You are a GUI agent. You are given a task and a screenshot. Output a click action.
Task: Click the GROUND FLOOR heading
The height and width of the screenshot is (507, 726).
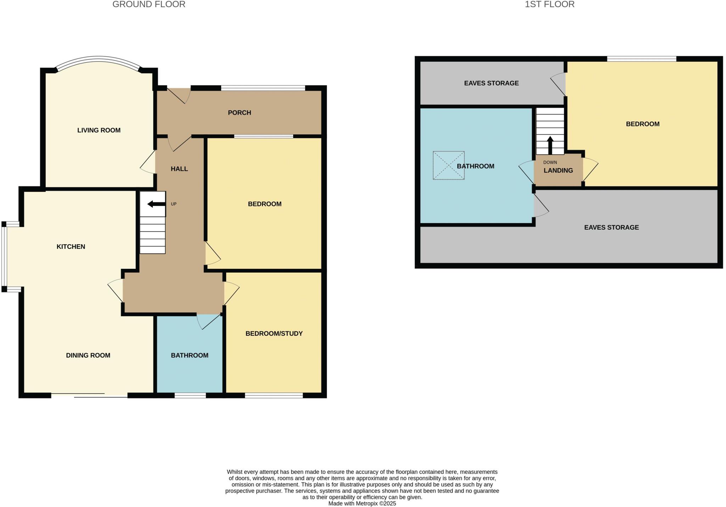coord(149,5)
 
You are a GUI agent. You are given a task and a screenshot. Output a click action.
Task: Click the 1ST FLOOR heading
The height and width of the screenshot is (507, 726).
coord(549,5)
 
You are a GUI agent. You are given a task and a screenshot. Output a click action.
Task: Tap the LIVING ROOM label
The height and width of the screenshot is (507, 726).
coord(99,130)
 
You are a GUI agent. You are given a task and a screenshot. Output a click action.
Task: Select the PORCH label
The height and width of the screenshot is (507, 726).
coord(239,113)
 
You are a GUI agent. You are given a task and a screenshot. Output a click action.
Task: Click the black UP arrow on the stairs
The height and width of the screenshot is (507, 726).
coord(156,204)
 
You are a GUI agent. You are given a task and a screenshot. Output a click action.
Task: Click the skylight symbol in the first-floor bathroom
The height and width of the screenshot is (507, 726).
coord(448,166)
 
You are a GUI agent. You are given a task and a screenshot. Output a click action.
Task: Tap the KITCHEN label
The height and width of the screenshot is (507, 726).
coord(71,246)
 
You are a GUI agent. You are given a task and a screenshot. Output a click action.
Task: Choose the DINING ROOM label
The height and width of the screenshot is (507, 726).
coord(88,355)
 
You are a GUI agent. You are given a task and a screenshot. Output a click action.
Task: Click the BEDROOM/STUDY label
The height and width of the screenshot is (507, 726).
coord(274,333)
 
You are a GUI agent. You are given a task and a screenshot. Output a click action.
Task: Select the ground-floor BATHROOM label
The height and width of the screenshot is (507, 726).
coord(190,355)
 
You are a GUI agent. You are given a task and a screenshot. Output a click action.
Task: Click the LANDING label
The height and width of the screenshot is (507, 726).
coord(558,171)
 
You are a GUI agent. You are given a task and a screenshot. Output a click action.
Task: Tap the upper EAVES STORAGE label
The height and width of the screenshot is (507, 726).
coord(491,83)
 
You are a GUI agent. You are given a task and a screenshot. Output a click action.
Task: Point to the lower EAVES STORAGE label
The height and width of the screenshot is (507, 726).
coord(611,227)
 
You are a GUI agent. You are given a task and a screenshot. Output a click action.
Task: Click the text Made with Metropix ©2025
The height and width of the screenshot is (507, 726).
coord(362,503)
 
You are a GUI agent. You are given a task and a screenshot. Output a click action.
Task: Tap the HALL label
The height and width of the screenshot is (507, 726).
coord(179,169)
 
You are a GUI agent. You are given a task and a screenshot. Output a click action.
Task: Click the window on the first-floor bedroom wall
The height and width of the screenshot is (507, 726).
coord(642,59)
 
